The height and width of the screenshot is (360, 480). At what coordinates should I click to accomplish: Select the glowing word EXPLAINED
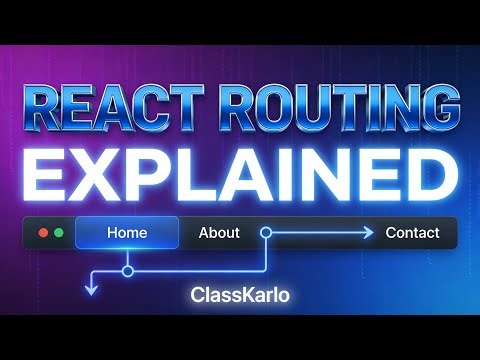pos(239,177)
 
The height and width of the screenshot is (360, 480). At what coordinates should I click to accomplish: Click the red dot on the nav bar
pos(43,233)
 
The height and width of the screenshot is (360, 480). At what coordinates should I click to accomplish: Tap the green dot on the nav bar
pos(59,233)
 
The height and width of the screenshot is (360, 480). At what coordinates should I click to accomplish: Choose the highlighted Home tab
pos(127,233)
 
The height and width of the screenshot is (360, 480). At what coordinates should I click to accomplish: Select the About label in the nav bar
pos(219,233)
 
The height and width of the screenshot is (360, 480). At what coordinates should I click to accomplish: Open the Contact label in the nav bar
pos(412,233)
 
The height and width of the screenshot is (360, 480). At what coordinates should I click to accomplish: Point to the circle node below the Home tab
pos(127,270)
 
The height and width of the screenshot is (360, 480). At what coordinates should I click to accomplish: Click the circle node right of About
pos(266,233)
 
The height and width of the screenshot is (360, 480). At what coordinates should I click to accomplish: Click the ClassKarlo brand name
pos(239,296)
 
